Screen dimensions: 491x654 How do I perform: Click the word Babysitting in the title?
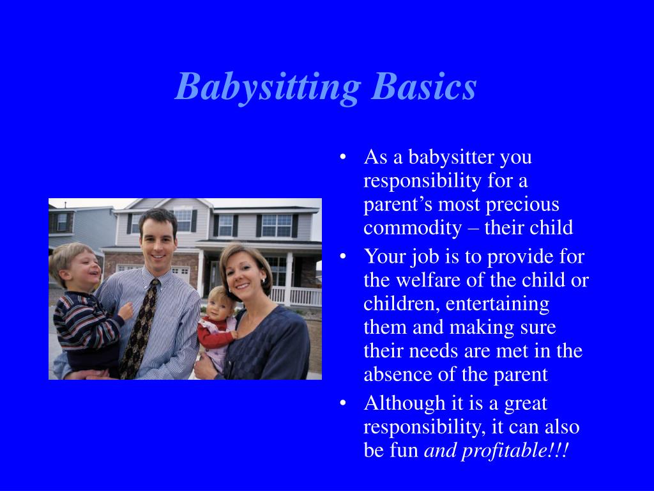(267, 87)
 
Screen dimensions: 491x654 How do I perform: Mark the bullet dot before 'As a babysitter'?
(344, 157)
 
